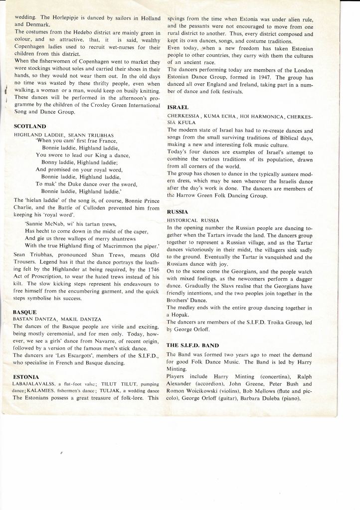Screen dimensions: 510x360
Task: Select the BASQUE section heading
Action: [x=25, y=310]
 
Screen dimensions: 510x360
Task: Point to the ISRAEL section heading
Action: [x=178, y=107]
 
